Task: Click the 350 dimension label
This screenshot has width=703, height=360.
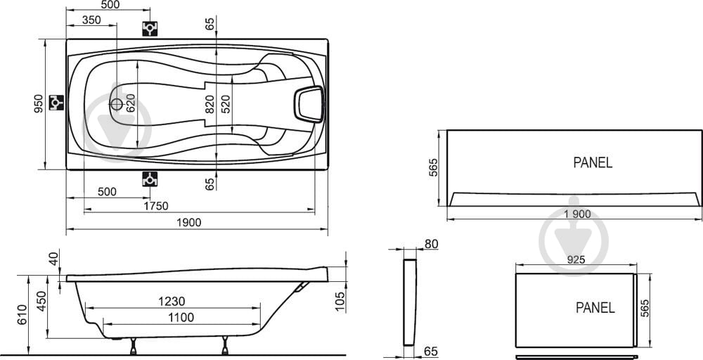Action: [91, 20]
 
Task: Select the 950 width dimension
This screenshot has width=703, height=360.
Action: [39, 103]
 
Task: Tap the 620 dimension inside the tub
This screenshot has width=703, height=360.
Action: [129, 103]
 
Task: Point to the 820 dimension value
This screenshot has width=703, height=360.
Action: [209, 104]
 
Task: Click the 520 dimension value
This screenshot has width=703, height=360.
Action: [226, 104]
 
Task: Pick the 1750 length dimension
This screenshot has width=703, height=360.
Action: [156, 206]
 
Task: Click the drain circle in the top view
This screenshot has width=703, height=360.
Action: [117, 105]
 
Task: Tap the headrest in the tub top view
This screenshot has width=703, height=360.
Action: [309, 105]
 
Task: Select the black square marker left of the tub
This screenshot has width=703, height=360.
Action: [56, 103]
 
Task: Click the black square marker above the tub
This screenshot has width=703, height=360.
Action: [150, 28]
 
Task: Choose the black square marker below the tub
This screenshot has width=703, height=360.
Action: [150, 179]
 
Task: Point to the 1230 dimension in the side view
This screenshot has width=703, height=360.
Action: [172, 301]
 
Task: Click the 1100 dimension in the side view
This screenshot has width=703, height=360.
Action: [181, 317]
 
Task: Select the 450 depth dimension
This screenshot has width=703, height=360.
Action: [41, 301]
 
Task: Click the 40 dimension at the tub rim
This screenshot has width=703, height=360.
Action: [54, 259]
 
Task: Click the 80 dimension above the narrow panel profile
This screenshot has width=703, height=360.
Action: [431, 244]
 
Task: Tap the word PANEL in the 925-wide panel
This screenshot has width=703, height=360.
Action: [595, 307]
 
